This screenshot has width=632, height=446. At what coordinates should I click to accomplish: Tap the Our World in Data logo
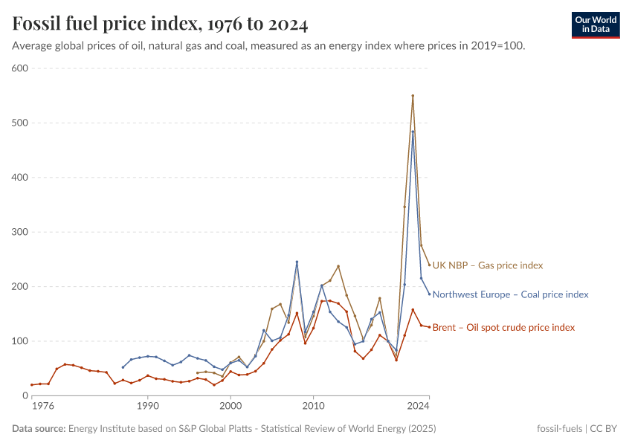click(x=595, y=25)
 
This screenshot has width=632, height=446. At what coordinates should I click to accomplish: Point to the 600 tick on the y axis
click(x=19, y=68)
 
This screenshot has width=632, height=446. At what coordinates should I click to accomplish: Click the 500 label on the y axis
click(x=19, y=123)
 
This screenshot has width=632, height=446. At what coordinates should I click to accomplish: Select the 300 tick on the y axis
click(x=19, y=232)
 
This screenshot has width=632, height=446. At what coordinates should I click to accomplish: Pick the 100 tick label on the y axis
click(x=19, y=341)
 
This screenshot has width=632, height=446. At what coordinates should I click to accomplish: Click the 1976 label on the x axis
click(x=42, y=407)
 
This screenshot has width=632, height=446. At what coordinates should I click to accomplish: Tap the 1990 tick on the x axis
click(x=147, y=407)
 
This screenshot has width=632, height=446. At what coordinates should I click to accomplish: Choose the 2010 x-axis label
click(x=313, y=407)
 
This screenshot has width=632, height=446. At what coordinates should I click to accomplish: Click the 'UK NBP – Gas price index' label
click(x=488, y=265)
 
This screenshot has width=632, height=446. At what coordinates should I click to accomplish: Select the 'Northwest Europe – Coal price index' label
click(x=510, y=294)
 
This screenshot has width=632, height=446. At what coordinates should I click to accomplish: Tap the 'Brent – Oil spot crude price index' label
click(x=503, y=327)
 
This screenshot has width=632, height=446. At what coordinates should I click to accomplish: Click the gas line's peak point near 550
click(x=413, y=96)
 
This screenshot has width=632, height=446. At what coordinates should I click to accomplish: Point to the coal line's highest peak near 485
click(x=413, y=132)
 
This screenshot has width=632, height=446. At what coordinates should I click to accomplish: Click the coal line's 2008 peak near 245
click(x=297, y=262)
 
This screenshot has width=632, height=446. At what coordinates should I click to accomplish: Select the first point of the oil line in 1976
click(x=32, y=385)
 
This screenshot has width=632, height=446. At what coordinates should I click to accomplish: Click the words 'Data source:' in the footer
click(x=39, y=429)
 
